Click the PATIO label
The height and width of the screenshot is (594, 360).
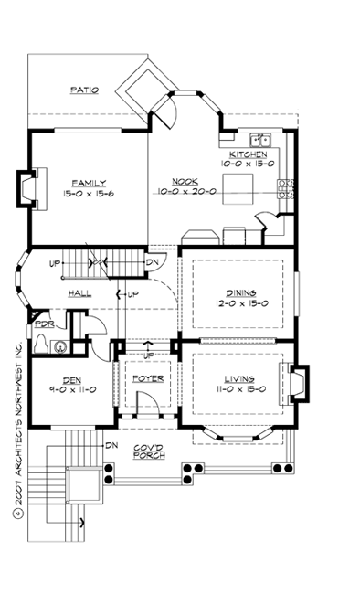(84, 90)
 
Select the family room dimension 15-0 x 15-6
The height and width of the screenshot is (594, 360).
(84, 193)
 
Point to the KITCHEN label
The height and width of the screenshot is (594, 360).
(248, 154)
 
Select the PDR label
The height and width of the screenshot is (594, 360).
(41, 324)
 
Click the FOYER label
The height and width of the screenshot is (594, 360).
(146, 377)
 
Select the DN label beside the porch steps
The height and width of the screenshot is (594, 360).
(111, 445)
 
